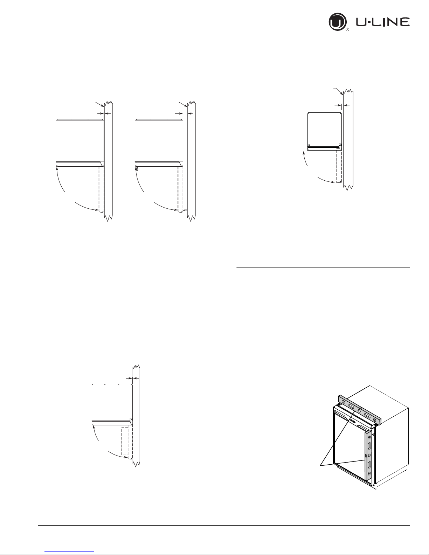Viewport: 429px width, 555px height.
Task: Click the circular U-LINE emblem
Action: [337, 22]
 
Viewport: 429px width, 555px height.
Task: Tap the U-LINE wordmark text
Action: [383, 22]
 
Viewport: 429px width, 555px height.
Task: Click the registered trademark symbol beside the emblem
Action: [347, 30]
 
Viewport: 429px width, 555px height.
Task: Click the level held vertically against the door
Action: [369, 455]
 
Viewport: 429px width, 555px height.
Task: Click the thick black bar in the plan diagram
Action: [324, 147]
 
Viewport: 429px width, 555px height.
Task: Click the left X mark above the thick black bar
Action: [309, 145]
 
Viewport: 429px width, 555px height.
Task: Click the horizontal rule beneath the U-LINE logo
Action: [224, 38]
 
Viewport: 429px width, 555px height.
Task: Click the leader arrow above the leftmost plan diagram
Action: [99, 104]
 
